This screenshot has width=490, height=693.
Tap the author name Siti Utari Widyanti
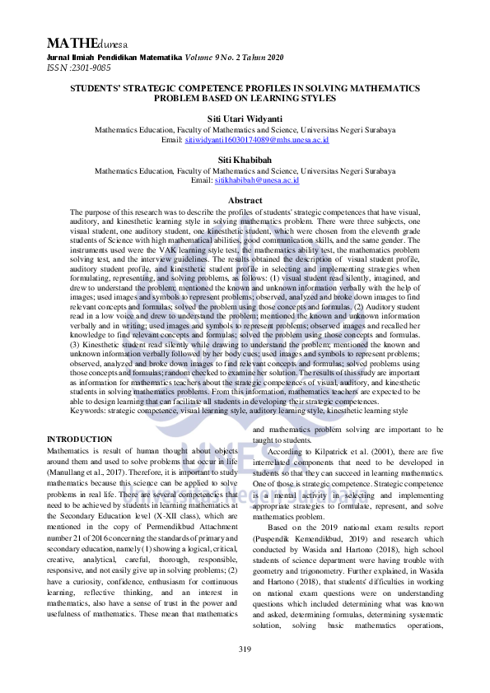[245, 119]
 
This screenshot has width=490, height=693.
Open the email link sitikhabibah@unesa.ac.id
[257, 179]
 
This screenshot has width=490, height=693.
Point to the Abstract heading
[245, 201]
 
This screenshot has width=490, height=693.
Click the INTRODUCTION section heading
[80, 440]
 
